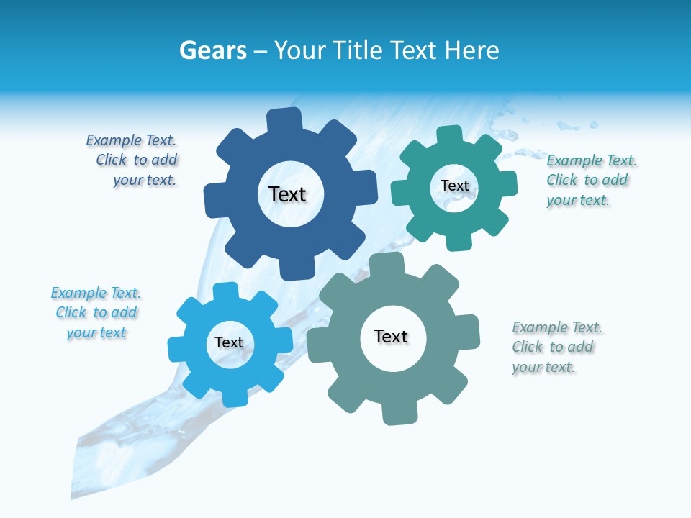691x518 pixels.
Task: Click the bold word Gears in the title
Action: click(213, 50)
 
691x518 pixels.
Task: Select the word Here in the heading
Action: click(471, 50)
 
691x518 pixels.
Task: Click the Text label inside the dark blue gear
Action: click(287, 194)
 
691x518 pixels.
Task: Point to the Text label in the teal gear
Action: click(454, 186)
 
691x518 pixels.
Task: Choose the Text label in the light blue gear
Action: click(229, 342)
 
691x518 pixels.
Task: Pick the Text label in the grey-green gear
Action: click(391, 336)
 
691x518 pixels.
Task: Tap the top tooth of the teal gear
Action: click(449, 135)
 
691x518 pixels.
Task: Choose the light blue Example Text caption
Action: click(96, 312)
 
